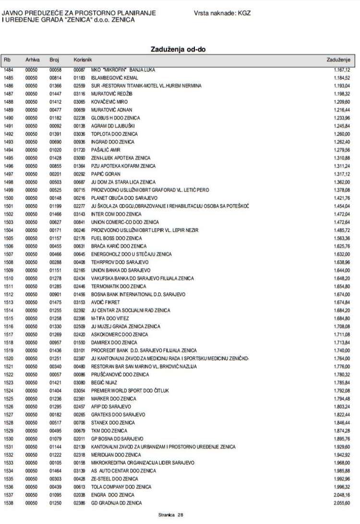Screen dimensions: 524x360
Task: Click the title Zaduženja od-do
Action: pyautogui.click(x=180, y=49)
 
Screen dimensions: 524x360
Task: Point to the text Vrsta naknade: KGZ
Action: pyautogui.click(x=222, y=13)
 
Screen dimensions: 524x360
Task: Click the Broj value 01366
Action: pyautogui.click(x=56, y=85)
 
